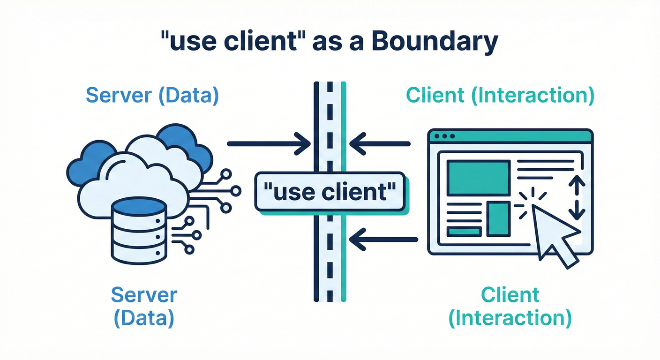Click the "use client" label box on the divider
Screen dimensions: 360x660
[329, 192]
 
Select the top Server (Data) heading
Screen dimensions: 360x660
[152, 95]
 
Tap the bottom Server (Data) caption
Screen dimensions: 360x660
[144, 307]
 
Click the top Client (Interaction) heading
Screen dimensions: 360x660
[500, 95]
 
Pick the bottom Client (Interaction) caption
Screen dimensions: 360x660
[510, 307]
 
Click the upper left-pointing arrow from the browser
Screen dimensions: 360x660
[380, 143]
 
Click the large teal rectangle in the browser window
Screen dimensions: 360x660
[478, 177]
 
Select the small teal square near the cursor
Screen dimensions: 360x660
[498, 219]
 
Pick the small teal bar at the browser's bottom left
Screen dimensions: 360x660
[464, 232]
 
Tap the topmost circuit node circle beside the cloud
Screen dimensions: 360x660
[226, 174]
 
